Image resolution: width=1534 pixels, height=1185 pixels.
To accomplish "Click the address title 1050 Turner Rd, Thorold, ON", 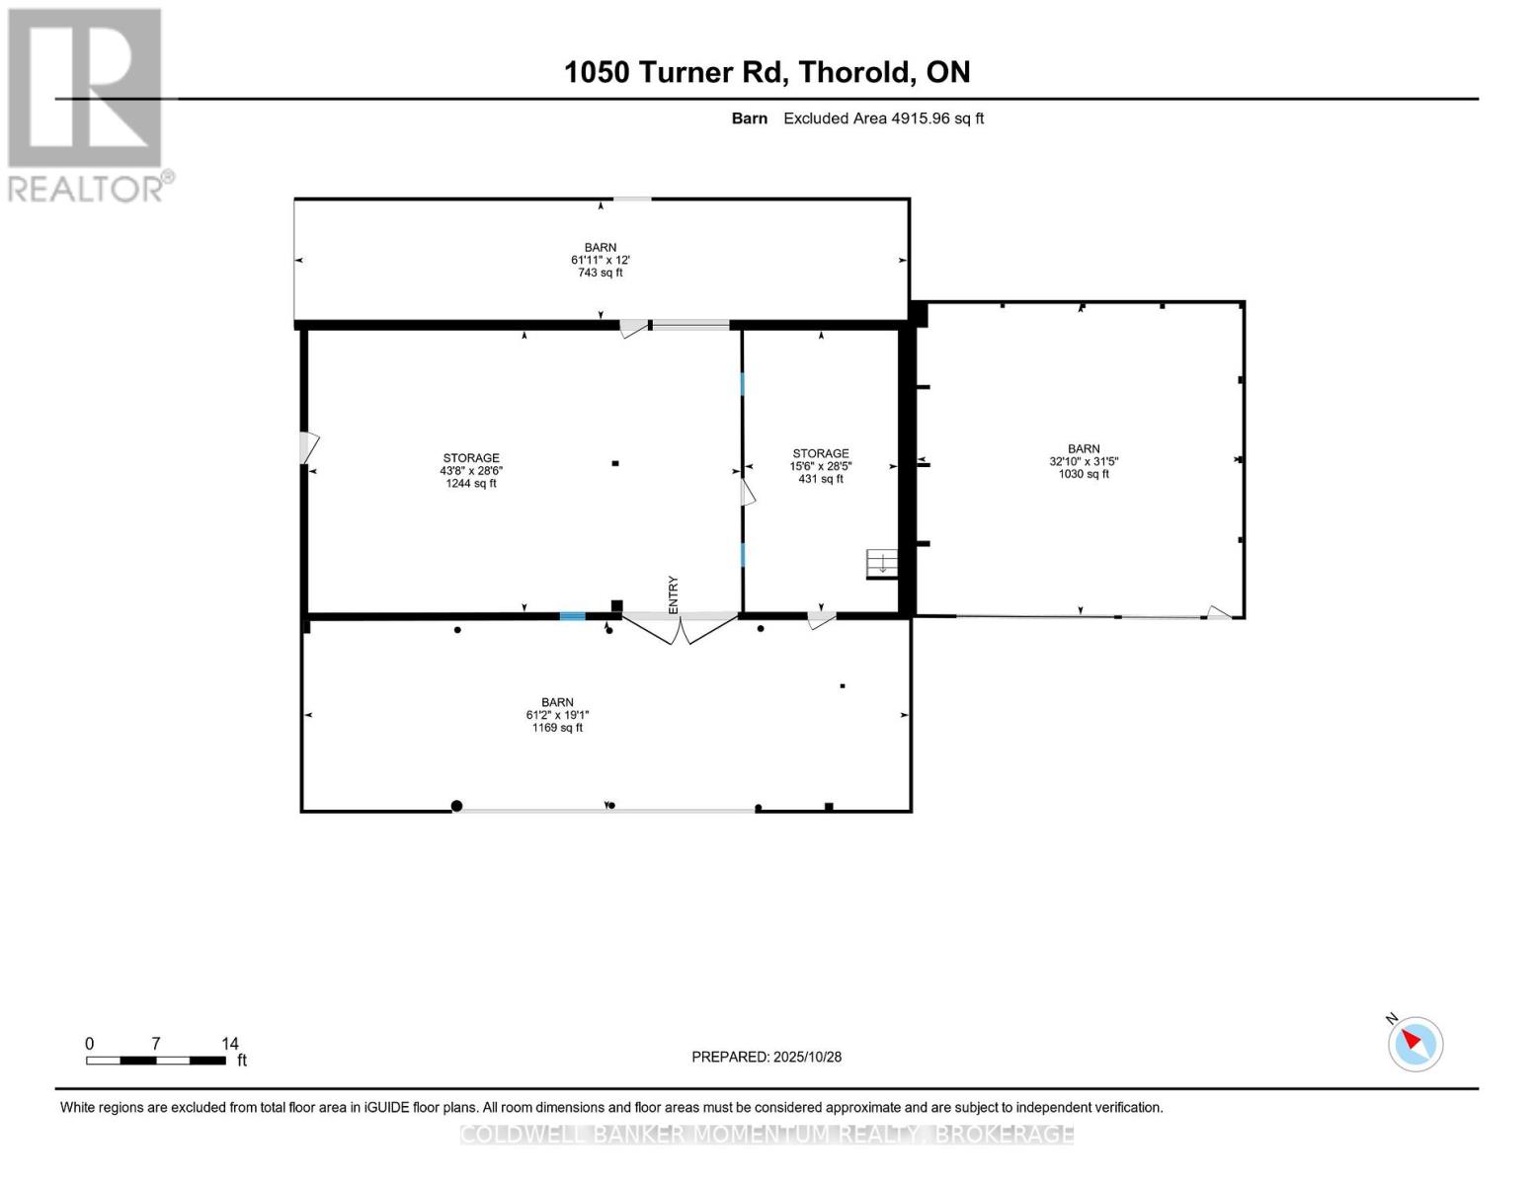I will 767,72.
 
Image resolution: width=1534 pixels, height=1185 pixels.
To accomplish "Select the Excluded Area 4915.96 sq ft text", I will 883,118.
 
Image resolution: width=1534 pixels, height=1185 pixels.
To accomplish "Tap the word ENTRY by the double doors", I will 674,594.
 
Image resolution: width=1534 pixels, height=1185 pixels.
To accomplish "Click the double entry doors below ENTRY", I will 679,628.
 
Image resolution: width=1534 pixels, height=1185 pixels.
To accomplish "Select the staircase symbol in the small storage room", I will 881,564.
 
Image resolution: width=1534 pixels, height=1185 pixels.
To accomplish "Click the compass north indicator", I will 1414,1043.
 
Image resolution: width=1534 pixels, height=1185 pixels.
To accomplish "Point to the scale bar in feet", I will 156,1061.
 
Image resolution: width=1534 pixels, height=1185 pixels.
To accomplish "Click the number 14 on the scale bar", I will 229,1044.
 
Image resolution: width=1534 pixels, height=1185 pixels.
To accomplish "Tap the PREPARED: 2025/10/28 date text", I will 767,1057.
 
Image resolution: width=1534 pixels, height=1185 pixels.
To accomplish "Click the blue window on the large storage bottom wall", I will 573,616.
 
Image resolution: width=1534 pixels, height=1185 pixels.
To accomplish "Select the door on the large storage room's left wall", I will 309,447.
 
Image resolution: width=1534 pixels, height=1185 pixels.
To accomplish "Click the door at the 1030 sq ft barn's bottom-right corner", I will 1219,613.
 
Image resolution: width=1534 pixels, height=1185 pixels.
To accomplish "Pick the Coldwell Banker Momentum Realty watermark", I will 767,1134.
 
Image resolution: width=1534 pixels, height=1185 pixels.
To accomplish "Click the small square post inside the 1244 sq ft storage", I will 615,463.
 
